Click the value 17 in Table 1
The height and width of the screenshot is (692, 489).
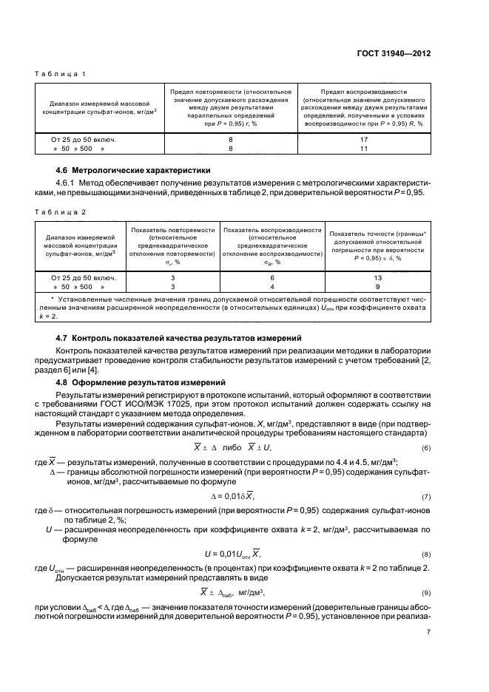(x=364, y=138)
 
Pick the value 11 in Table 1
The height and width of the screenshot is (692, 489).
(x=364, y=149)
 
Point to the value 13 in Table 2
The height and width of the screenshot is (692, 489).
(x=377, y=277)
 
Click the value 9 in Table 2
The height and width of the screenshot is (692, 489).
(x=377, y=286)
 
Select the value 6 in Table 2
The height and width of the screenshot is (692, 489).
(x=272, y=277)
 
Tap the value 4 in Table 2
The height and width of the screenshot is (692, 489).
(x=272, y=286)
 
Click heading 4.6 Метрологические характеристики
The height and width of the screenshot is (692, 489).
(x=128, y=170)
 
